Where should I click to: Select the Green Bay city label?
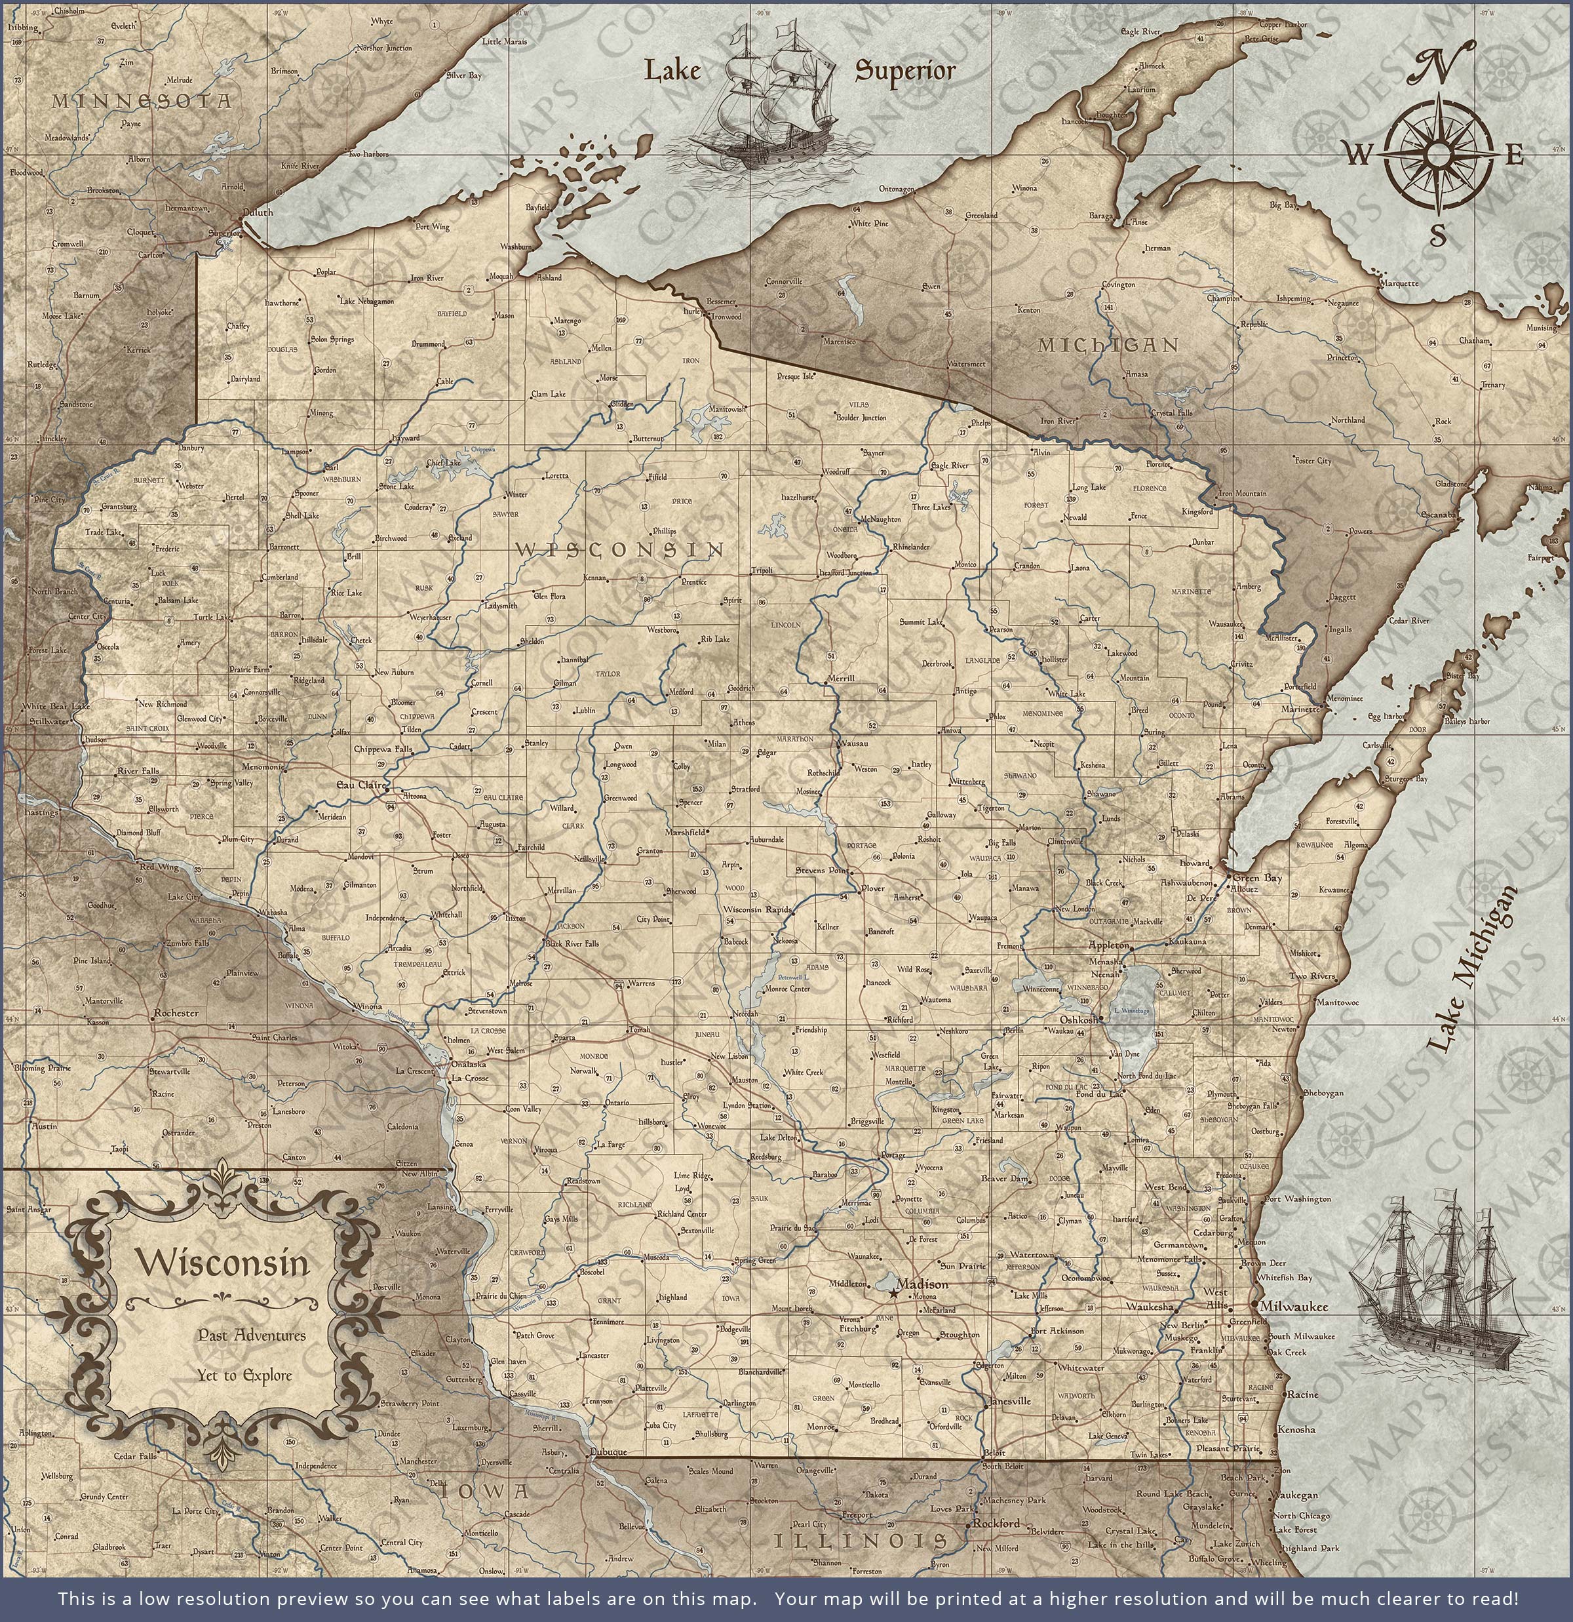coord(1257,877)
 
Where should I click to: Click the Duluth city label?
coord(258,212)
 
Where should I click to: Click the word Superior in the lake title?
coord(904,71)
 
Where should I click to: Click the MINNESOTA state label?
coord(142,101)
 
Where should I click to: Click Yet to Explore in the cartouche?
coord(244,1375)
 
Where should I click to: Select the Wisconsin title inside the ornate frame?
coord(223,1263)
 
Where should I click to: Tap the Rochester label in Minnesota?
coord(176,1013)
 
